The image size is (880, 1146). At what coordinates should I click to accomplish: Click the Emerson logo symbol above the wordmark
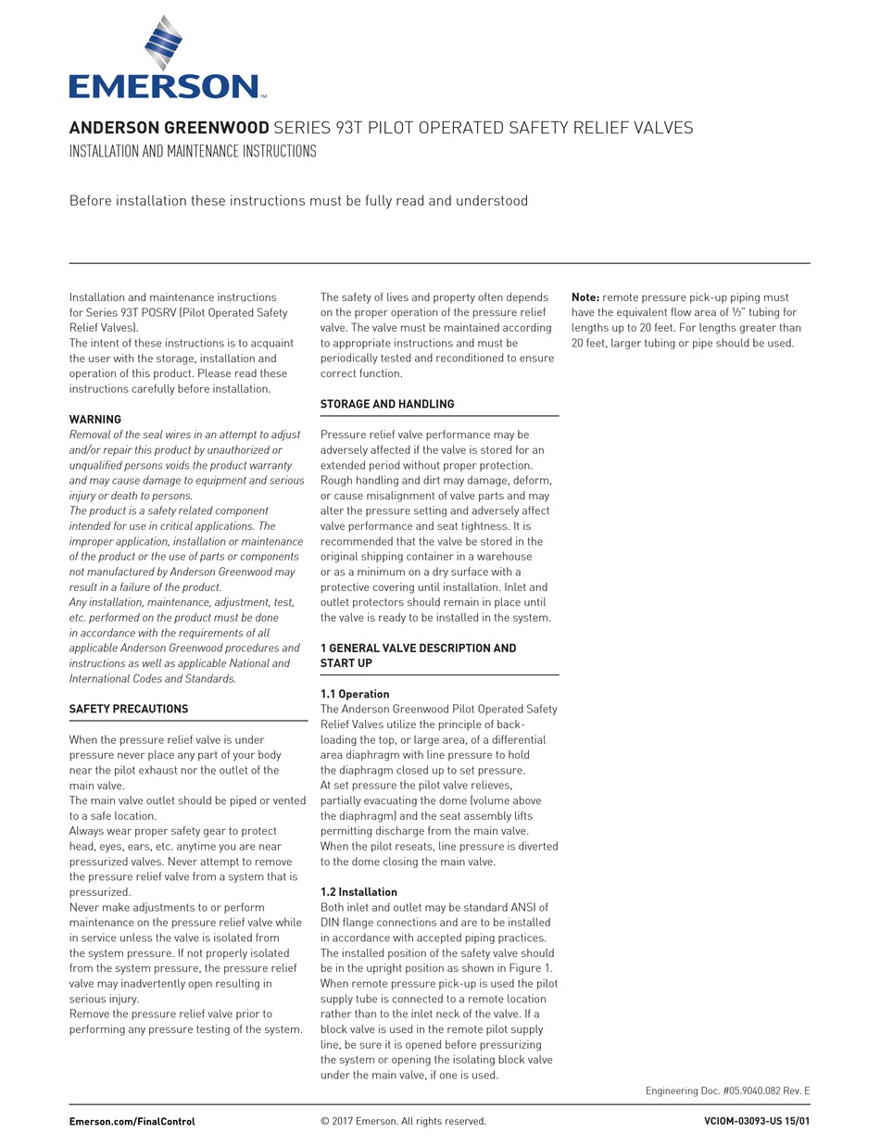(x=164, y=44)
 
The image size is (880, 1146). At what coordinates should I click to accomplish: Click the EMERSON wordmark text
(x=165, y=87)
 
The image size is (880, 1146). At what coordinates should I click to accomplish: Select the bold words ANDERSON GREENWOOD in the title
(x=169, y=128)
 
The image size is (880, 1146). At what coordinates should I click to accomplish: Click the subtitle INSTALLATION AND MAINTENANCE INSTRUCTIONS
(x=193, y=151)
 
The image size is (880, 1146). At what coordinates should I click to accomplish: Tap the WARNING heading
(x=95, y=420)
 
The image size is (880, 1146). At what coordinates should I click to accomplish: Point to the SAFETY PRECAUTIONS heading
(x=129, y=709)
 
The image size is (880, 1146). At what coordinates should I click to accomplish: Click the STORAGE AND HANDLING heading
(x=387, y=404)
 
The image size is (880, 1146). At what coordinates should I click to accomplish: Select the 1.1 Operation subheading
(x=355, y=694)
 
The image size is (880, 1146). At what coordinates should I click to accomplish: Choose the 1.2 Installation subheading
(x=358, y=892)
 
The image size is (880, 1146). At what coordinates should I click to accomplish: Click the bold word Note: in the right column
(x=585, y=297)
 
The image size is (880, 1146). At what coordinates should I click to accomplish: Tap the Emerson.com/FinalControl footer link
(x=132, y=1121)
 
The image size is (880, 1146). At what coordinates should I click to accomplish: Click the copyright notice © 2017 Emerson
(x=403, y=1121)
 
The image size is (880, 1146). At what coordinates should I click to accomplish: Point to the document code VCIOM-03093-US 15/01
(x=757, y=1121)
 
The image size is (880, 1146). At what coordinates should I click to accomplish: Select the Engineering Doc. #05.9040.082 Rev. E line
(x=727, y=1090)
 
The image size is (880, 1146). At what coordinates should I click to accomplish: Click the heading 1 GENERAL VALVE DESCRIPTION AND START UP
(x=418, y=655)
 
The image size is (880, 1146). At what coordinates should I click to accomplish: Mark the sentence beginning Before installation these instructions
(x=298, y=201)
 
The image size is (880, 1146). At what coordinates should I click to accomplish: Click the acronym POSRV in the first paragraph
(x=158, y=313)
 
